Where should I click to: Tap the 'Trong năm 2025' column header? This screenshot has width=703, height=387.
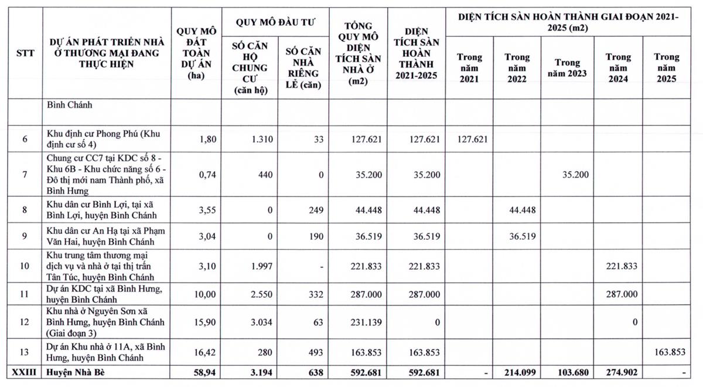[x=667, y=67]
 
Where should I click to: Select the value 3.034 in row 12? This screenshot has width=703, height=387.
[x=255, y=322]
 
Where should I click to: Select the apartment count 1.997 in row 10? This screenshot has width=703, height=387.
[x=255, y=266]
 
